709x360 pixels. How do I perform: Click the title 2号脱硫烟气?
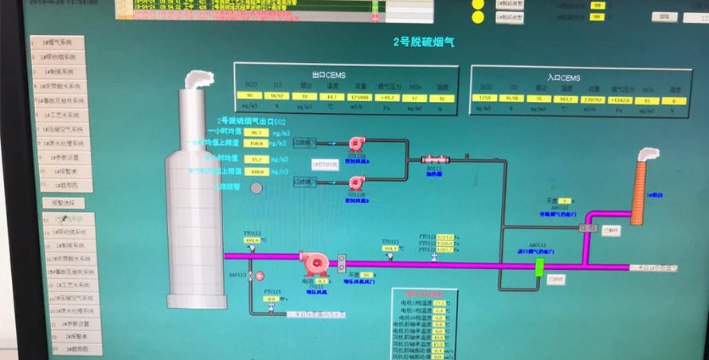pyautogui.click(x=423, y=41)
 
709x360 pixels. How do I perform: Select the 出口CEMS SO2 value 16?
pyautogui.click(x=249, y=96)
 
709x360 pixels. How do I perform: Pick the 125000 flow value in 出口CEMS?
pyautogui.click(x=359, y=96)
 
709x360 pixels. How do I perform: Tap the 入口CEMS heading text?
pyautogui.click(x=562, y=78)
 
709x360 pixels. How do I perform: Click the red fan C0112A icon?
pyautogui.click(x=356, y=143)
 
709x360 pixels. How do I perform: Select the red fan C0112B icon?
pyautogui.click(x=356, y=183)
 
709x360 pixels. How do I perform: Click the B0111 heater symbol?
pyautogui.click(x=434, y=160)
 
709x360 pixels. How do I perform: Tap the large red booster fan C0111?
pyautogui.click(x=313, y=264)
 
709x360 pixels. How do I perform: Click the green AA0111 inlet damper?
pyautogui.click(x=539, y=265)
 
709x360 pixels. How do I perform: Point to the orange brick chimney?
pyautogui.click(x=642, y=191)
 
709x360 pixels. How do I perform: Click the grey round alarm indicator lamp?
pyautogui.click(x=257, y=188)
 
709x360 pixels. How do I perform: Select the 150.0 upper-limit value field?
pyautogui.click(x=257, y=144)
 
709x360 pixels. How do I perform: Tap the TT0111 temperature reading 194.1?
pyautogui.click(x=390, y=248)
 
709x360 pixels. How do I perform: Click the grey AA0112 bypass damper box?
pyautogui.click(x=588, y=228)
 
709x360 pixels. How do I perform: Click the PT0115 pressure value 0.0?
pyautogui.click(x=270, y=299)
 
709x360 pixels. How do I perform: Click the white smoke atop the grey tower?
pyautogui.click(x=199, y=79)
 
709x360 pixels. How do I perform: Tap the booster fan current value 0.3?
pyautogui.click(x=322, y=281)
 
